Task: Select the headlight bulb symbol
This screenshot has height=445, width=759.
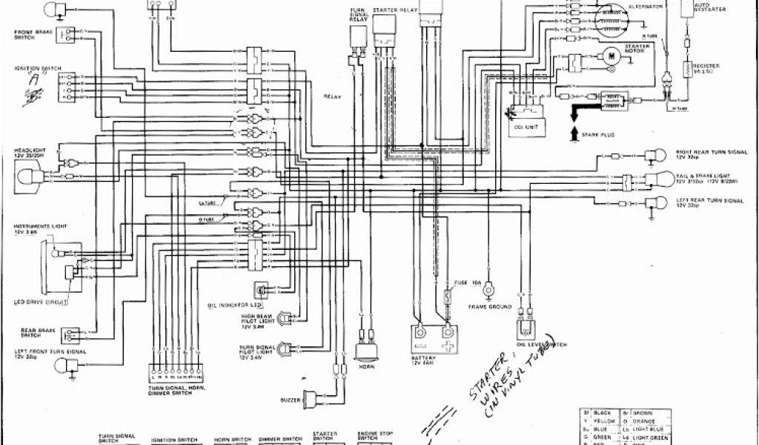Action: (x=27, y=177)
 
